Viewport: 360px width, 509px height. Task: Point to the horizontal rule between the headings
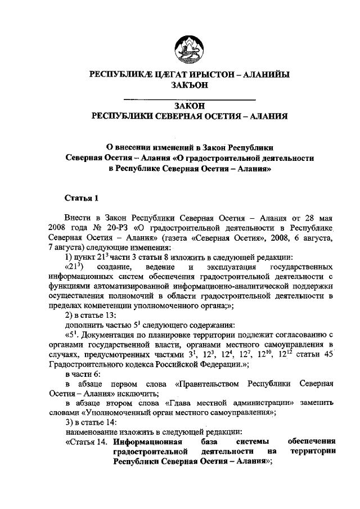click(x=190, y=100)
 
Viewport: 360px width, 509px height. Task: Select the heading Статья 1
click(x=82, y=197)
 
